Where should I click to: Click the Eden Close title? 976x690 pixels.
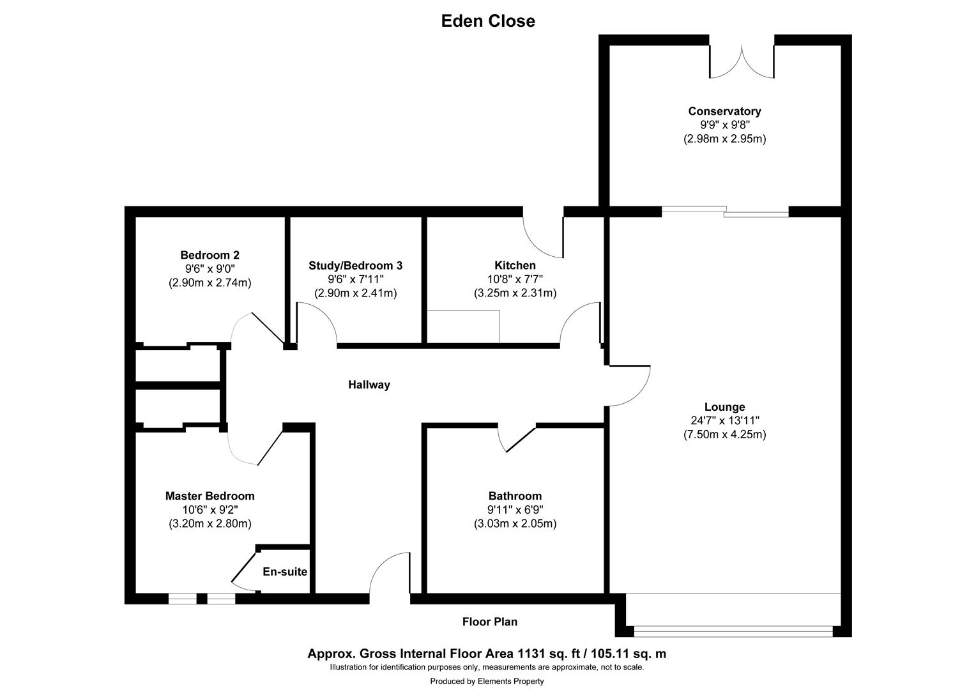[488, 21]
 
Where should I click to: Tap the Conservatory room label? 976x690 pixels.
[724, 111]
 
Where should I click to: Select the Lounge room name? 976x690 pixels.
[724, 407]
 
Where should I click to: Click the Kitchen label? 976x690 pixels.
[515, 265]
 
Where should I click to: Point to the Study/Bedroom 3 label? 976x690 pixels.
[355, 265]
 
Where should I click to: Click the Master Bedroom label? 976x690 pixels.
[210, 496]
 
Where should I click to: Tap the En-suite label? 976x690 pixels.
[285, 572]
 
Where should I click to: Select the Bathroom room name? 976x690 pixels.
[515, 496]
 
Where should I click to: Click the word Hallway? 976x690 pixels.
[369, 385]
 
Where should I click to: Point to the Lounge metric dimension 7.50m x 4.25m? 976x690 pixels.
[724, 434]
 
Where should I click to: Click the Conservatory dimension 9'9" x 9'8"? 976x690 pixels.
[724, 125]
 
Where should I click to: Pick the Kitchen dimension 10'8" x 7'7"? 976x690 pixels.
[515, 279]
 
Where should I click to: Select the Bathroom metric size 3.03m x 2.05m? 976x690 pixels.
[515, 524]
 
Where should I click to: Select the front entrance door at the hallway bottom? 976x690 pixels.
[390, 575]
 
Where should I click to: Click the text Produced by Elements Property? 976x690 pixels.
[487, 681]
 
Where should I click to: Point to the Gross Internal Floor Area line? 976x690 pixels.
[487, 654]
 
